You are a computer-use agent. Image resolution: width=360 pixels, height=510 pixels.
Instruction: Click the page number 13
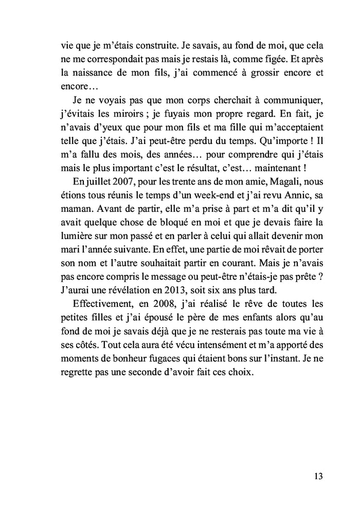tap(317, 476)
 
